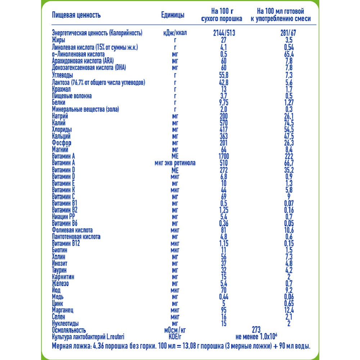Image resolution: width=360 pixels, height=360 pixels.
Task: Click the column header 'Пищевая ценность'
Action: click(x=76, y=15)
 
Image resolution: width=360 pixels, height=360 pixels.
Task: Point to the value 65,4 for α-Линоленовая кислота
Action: click(x=288, y=54)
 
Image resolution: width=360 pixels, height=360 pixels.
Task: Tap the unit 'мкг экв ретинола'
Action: click(x=175, y=163)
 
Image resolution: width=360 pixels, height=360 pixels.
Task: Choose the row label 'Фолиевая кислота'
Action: click(x=72, y=230)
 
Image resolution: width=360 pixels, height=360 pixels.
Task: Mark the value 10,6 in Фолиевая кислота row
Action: click(x=288, y=230)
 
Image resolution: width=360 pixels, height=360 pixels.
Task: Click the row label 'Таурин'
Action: click(x=59, y=270)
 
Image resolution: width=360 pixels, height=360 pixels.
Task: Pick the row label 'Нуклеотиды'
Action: click(x=65, y=323)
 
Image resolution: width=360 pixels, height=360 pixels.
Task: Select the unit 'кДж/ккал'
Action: click(x=175, y=33)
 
